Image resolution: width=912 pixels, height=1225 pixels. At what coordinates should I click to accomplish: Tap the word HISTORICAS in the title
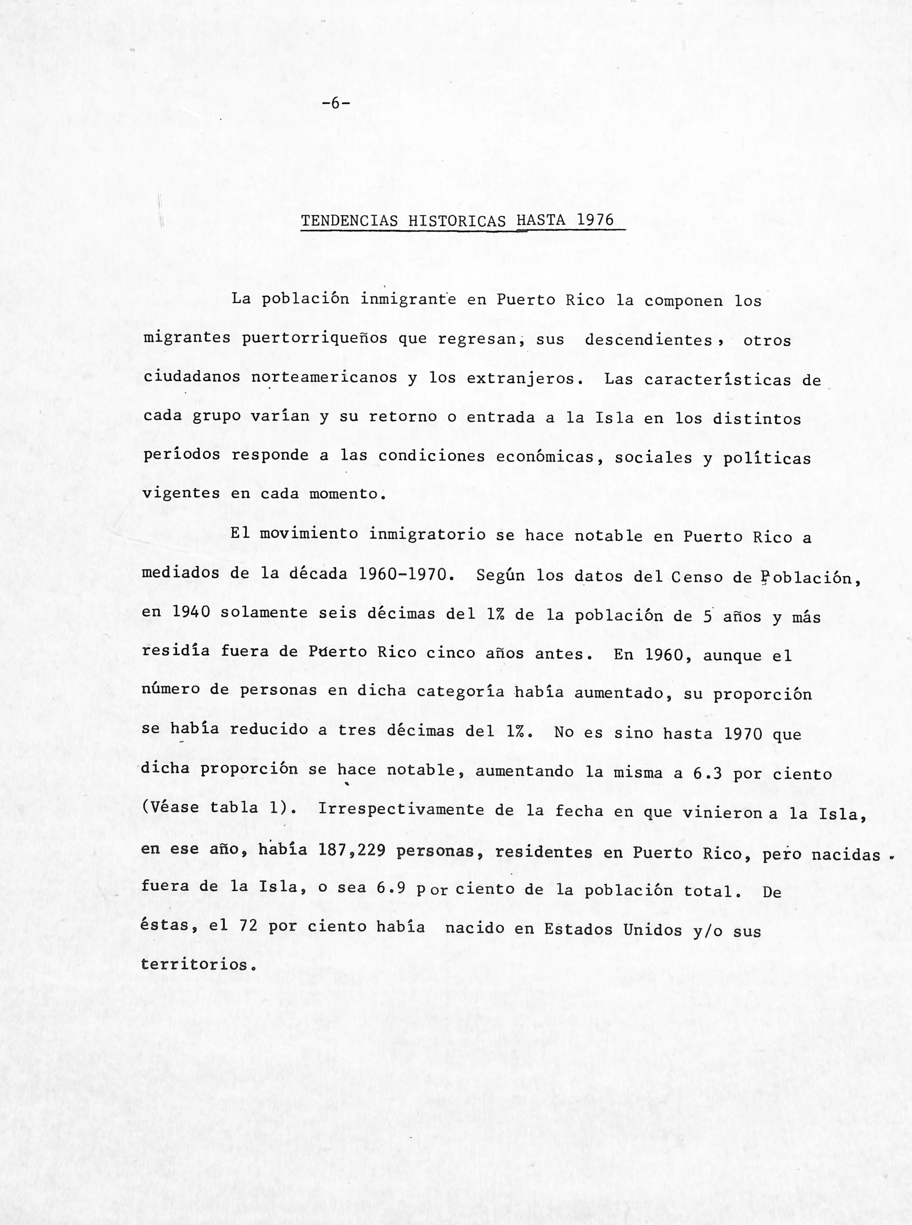pos(457,221)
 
